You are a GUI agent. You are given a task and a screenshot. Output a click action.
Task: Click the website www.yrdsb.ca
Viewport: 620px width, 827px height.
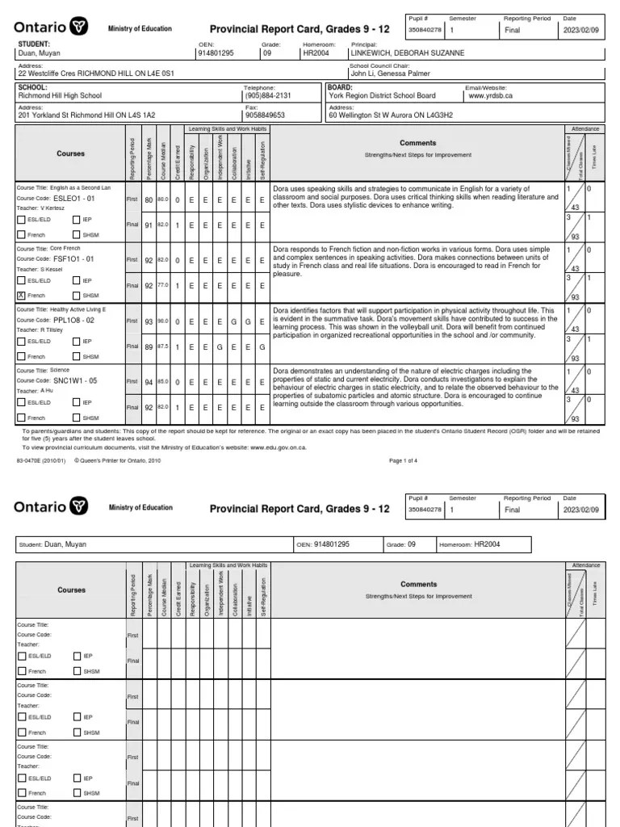[x=490, y=95]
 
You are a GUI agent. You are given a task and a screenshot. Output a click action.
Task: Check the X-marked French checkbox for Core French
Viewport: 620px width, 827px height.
[x=22, y=296]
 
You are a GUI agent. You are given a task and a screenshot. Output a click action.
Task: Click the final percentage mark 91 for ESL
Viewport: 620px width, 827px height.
[x=149, y=225]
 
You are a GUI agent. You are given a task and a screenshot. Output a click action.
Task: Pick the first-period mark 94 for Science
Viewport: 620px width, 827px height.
[x=149, y=381]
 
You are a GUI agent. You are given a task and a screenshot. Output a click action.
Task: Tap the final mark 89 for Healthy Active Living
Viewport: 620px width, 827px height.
[x=149, y=346]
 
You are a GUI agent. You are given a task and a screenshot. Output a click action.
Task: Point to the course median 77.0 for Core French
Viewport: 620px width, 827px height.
[x=162, y=286]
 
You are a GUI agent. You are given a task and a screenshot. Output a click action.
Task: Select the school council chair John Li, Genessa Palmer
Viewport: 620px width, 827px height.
[x=392, y=73]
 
